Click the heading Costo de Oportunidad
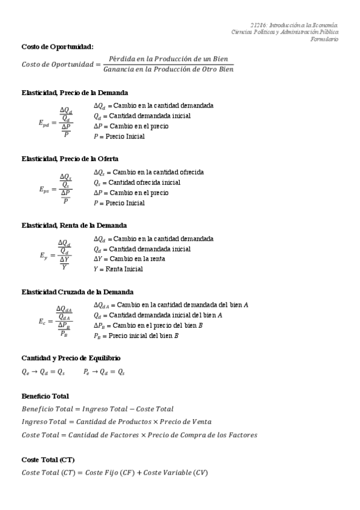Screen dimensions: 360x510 pyautogui.click(x=57, y=46)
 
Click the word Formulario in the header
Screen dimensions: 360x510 pyautogui.click(x=324, y=39)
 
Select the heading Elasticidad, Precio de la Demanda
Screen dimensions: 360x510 pyautogui.click(x=74, y=93)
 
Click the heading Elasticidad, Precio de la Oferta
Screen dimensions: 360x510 pyautogui.click(x=70, y=159)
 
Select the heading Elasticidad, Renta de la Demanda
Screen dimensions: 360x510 pyautogui.click(x=73, y=226)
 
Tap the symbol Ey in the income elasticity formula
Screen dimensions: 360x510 pyautogui.click(x=44, y=256)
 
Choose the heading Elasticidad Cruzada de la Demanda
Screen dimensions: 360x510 pyautogui.click(x=77, y=292)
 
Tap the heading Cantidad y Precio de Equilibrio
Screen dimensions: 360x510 pyautogui.click(x=70, y=358)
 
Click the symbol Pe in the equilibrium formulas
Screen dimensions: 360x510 pyautogui.click(x=87, y=372)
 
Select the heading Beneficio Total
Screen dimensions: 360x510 pyautogui.click(x=45, y=396)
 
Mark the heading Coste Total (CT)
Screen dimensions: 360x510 pyautogui.click(x=48, y=459)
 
